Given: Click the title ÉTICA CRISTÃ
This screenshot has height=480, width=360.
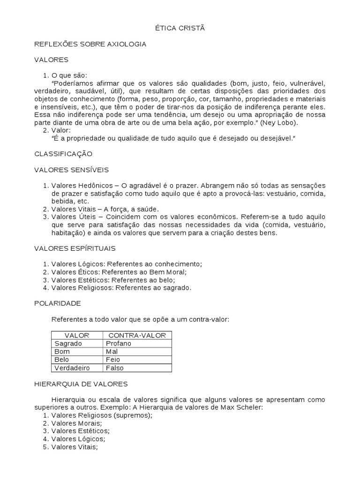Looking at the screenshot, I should [x=180, y=28].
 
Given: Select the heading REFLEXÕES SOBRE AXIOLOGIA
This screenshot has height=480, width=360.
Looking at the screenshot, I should [x=90, y=44].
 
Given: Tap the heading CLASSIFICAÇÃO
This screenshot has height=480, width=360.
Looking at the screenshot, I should [x=63, y=154].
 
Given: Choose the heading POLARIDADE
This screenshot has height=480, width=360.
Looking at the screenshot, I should [x=58, y=303].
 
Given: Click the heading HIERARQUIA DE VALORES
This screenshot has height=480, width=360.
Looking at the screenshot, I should [x=81, y=383].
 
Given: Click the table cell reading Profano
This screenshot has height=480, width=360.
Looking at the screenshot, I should [x=119, y=344].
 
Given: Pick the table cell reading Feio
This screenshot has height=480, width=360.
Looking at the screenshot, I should [x=113, y=360].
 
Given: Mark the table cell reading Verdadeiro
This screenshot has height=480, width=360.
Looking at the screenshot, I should [x=72, y=368].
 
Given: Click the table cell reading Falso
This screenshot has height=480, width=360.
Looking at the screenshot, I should [x=115, y=368].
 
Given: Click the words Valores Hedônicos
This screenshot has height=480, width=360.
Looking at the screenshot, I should [x=81, y=185].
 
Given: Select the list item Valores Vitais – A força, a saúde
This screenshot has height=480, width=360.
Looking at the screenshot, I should [x=105, y=209].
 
